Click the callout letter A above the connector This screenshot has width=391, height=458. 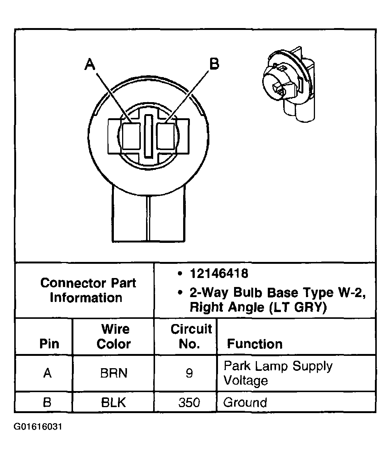click(90, 64)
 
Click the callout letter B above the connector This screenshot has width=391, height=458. click(214, 64)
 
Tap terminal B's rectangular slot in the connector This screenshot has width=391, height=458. click(166, 136)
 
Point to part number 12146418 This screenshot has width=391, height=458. click(219, 274)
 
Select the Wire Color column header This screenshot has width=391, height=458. click(113, 337)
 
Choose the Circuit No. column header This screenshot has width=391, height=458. click(191, 337)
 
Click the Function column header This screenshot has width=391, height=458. click(255, 344)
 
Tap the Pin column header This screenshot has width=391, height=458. click(49, 344)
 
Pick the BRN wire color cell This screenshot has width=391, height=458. click(113, 373)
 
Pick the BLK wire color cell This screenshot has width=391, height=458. click(113, 403)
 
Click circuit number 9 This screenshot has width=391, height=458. click(190, 373)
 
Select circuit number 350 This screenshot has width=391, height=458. click(190, 403)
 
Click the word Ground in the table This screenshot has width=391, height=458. click(245, 403)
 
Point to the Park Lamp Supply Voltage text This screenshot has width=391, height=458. click(277, 373)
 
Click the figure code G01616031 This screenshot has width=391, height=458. click(38, 427)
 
